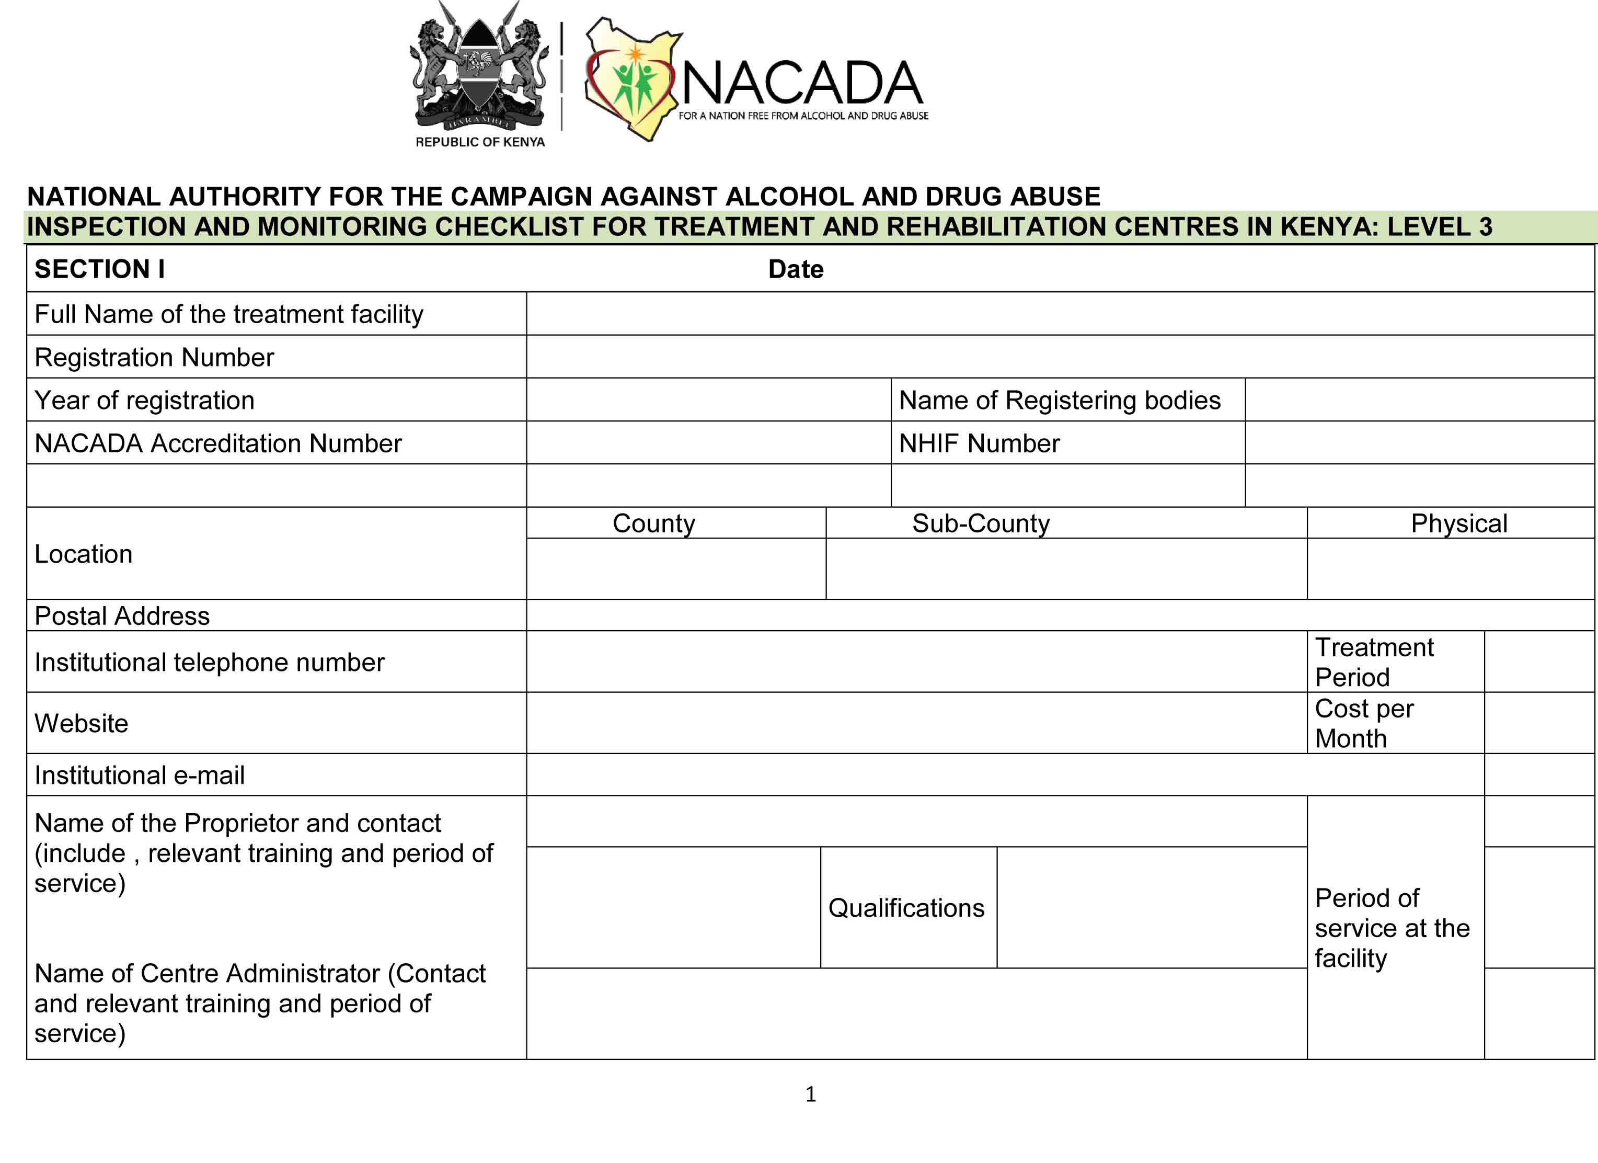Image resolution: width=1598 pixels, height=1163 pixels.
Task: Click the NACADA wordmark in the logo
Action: pyautogui.click(x=802, y=83)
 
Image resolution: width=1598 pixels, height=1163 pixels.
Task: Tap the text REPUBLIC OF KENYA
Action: pyautogui.click(x=480, y=142)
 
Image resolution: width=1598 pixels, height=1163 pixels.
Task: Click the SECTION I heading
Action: pyautogui.click(x=99, y=269)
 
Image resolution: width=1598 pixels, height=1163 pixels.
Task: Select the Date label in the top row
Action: pyautogui.click(x=796, y=269)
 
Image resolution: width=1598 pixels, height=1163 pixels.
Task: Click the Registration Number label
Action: pyautogui.click(x=154, y=357)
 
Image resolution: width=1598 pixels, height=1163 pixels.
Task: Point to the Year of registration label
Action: pyautogui.click(x=144, y=401)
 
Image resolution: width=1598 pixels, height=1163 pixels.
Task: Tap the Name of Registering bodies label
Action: pyautogui.click(x=1059, y=401)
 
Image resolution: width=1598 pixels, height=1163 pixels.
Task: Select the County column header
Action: pyautogui.click(x=654, y=523)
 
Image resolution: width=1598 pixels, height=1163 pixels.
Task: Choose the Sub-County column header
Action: pyautogui.click(x=981, y=523)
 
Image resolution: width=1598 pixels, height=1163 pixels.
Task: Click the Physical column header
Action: pyautogui.click(x=1458, y=523)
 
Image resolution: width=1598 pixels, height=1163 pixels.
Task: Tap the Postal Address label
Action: pyautogui.click(x=122, y=616)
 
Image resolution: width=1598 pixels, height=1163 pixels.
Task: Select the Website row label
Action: pyautogui.click(x=81, y=723)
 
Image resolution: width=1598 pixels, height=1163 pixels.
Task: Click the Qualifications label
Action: pyautogui.click(x=906, y=908)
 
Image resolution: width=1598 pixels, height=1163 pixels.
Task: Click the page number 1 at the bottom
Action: pyautogui.click(x=810, y=1094)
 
